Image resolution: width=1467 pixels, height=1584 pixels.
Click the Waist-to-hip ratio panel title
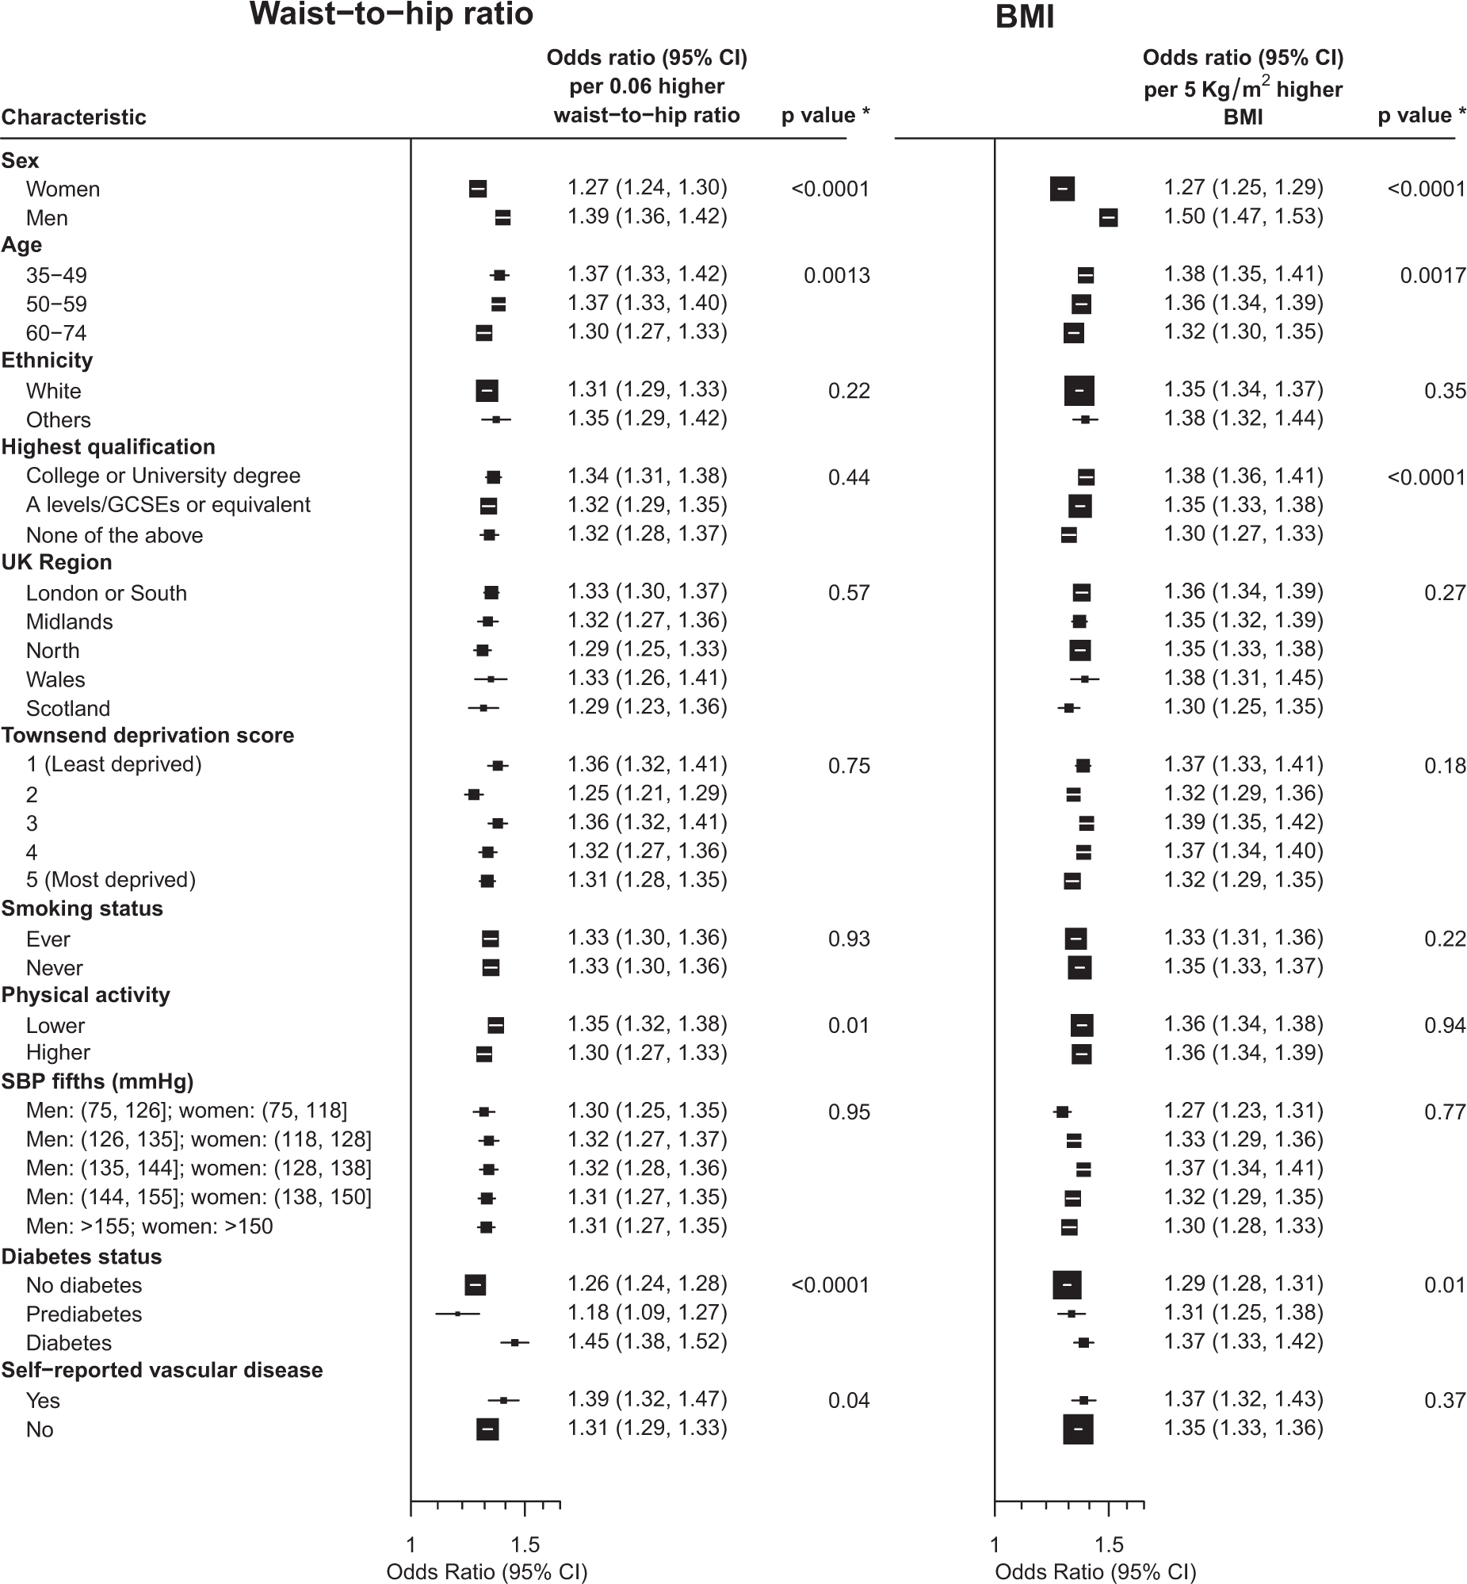tap(391, 15)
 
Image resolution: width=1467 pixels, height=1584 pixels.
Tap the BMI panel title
tap(1024, 17)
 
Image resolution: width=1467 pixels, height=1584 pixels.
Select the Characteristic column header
tap(74, 117)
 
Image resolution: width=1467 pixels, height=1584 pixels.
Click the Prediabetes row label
tap(84, 1314)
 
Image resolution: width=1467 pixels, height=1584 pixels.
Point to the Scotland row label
tap(68, 708)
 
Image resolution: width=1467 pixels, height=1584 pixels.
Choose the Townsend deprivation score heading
tap(147, 735)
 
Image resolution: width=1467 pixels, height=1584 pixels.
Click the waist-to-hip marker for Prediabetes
tap(457, 1314)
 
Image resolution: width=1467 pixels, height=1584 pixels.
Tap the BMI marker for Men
tap(1108, 217)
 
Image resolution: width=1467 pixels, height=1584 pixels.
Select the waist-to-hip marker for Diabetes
tap(515, 1343)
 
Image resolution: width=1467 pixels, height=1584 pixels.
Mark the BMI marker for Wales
tap(1084, 679)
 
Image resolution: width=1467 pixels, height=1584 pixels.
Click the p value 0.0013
tap(837, 277)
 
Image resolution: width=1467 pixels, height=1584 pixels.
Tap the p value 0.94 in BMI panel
tap(1444, 1026)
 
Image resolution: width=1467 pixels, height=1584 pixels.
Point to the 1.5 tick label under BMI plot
tap(1108, 1544)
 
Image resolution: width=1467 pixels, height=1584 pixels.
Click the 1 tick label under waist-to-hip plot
tap(411, 1544)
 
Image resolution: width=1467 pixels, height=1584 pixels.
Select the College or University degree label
tap(163, 476)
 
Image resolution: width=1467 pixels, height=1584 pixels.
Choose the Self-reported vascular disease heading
tap(162, 1370)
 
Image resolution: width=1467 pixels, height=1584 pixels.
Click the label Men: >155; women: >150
tap(149, 1226)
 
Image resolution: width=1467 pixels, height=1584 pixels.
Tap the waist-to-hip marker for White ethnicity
tap(487, 391)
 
